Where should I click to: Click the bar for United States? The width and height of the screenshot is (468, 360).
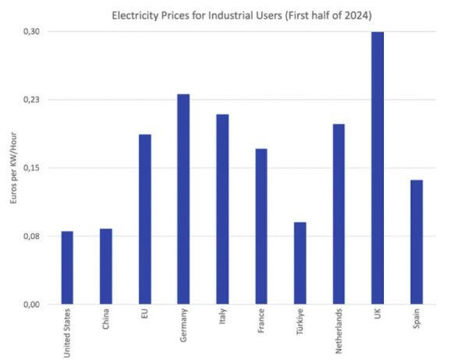click(x=67, y=268)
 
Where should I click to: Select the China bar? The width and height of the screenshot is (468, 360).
click(x=106, y=266)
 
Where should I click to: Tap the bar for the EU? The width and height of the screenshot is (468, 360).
click(x=144, y=220)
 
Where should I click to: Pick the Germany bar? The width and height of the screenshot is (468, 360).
click(x=183, y=199)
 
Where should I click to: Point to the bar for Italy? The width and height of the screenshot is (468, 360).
click(x=222, y=210)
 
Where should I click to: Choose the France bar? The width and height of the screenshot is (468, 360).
click(x=261, y=227)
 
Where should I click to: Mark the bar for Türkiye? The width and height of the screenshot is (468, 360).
click(x=300, y=263)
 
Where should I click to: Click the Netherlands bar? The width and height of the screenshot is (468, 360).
click(x=339, y=214)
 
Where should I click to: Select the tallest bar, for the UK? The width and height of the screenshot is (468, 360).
click(x=378, y=168)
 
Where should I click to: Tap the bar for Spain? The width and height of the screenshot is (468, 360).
click(x=416, y=242)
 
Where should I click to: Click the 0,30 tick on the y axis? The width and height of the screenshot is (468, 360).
click(x=32, y=31)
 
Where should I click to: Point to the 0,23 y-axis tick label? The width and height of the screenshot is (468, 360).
click(x=32, y=100)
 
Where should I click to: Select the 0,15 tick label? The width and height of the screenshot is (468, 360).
click(x=32, y=168)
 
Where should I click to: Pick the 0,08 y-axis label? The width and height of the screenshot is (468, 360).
click(x=32, y=236)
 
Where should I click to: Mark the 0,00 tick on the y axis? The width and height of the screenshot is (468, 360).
click(x=32, y=305)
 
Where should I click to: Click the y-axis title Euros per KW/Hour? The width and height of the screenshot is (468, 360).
click(x=12, y=168)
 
